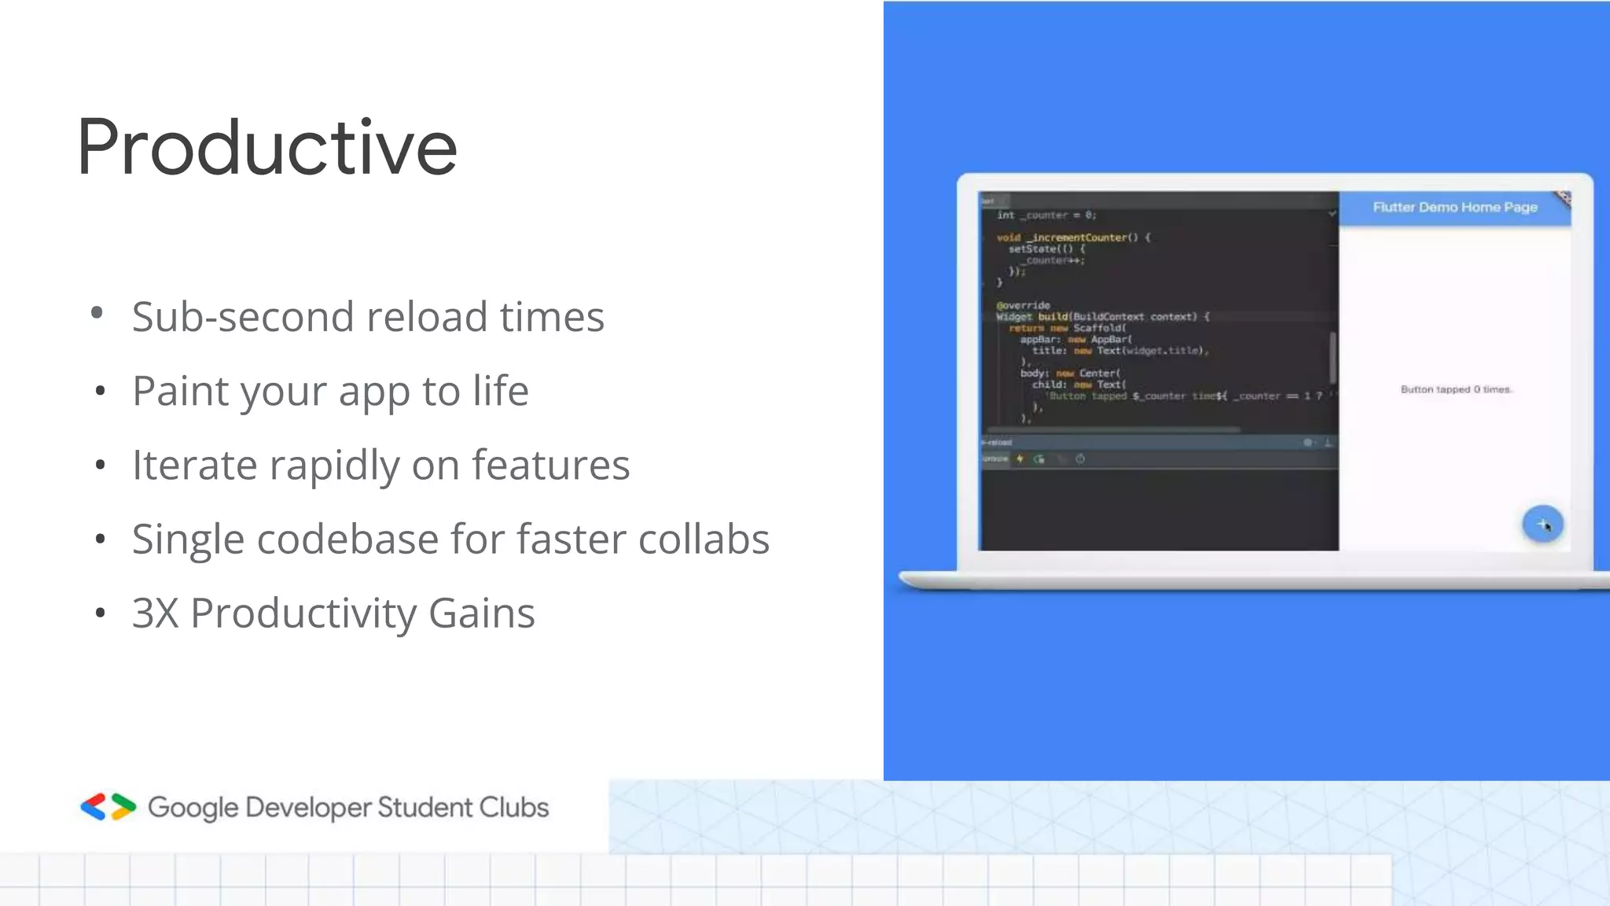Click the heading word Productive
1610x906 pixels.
pos(266,147)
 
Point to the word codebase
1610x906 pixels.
pos(347,540)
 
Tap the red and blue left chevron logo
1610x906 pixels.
pos(94,807)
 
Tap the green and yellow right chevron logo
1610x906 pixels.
pos(123,807)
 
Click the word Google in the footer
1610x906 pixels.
pos(193,808)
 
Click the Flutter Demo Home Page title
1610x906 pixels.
pos(1454,208)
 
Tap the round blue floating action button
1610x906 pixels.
pos(1542,524)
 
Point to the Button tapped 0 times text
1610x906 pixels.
pos(1456,389)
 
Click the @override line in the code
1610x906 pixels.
pos(1023,305)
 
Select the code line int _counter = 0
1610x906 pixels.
pos(1046,215)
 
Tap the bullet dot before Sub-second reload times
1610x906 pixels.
pos(97,313)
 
